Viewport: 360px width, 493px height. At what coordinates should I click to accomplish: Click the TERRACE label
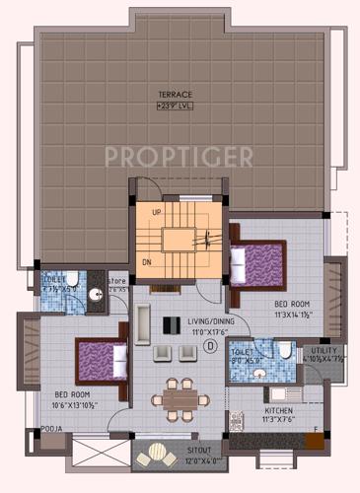[x=176, y=95]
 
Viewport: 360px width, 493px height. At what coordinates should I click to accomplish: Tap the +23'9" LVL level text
[x=176, y=105]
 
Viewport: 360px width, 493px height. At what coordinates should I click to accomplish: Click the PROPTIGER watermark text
[x=179, y=156]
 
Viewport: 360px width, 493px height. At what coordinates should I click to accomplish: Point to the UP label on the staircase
[x=156, y=212]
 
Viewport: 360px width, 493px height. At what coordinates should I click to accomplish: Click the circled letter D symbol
[x=210, y=346]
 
